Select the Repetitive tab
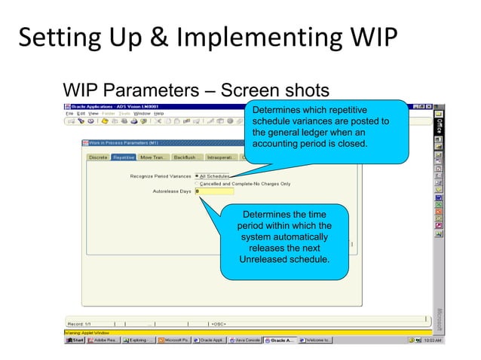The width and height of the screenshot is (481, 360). point(124,157)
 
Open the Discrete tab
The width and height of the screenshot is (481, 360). point(98,157)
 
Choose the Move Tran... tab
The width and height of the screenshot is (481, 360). point(154,157)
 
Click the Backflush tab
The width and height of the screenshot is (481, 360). point(185,157)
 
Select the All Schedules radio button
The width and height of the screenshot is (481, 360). point(198,176)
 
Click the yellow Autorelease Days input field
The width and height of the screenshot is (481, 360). point(214,191)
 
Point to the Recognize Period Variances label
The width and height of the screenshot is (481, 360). point(161,176)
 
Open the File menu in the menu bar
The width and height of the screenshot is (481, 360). point(69,113)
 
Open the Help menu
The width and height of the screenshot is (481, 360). point(159,113)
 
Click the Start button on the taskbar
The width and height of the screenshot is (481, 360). point(75,340)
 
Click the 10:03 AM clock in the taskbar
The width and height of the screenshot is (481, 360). point(433,340)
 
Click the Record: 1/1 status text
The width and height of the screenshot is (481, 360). point(80,324)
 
